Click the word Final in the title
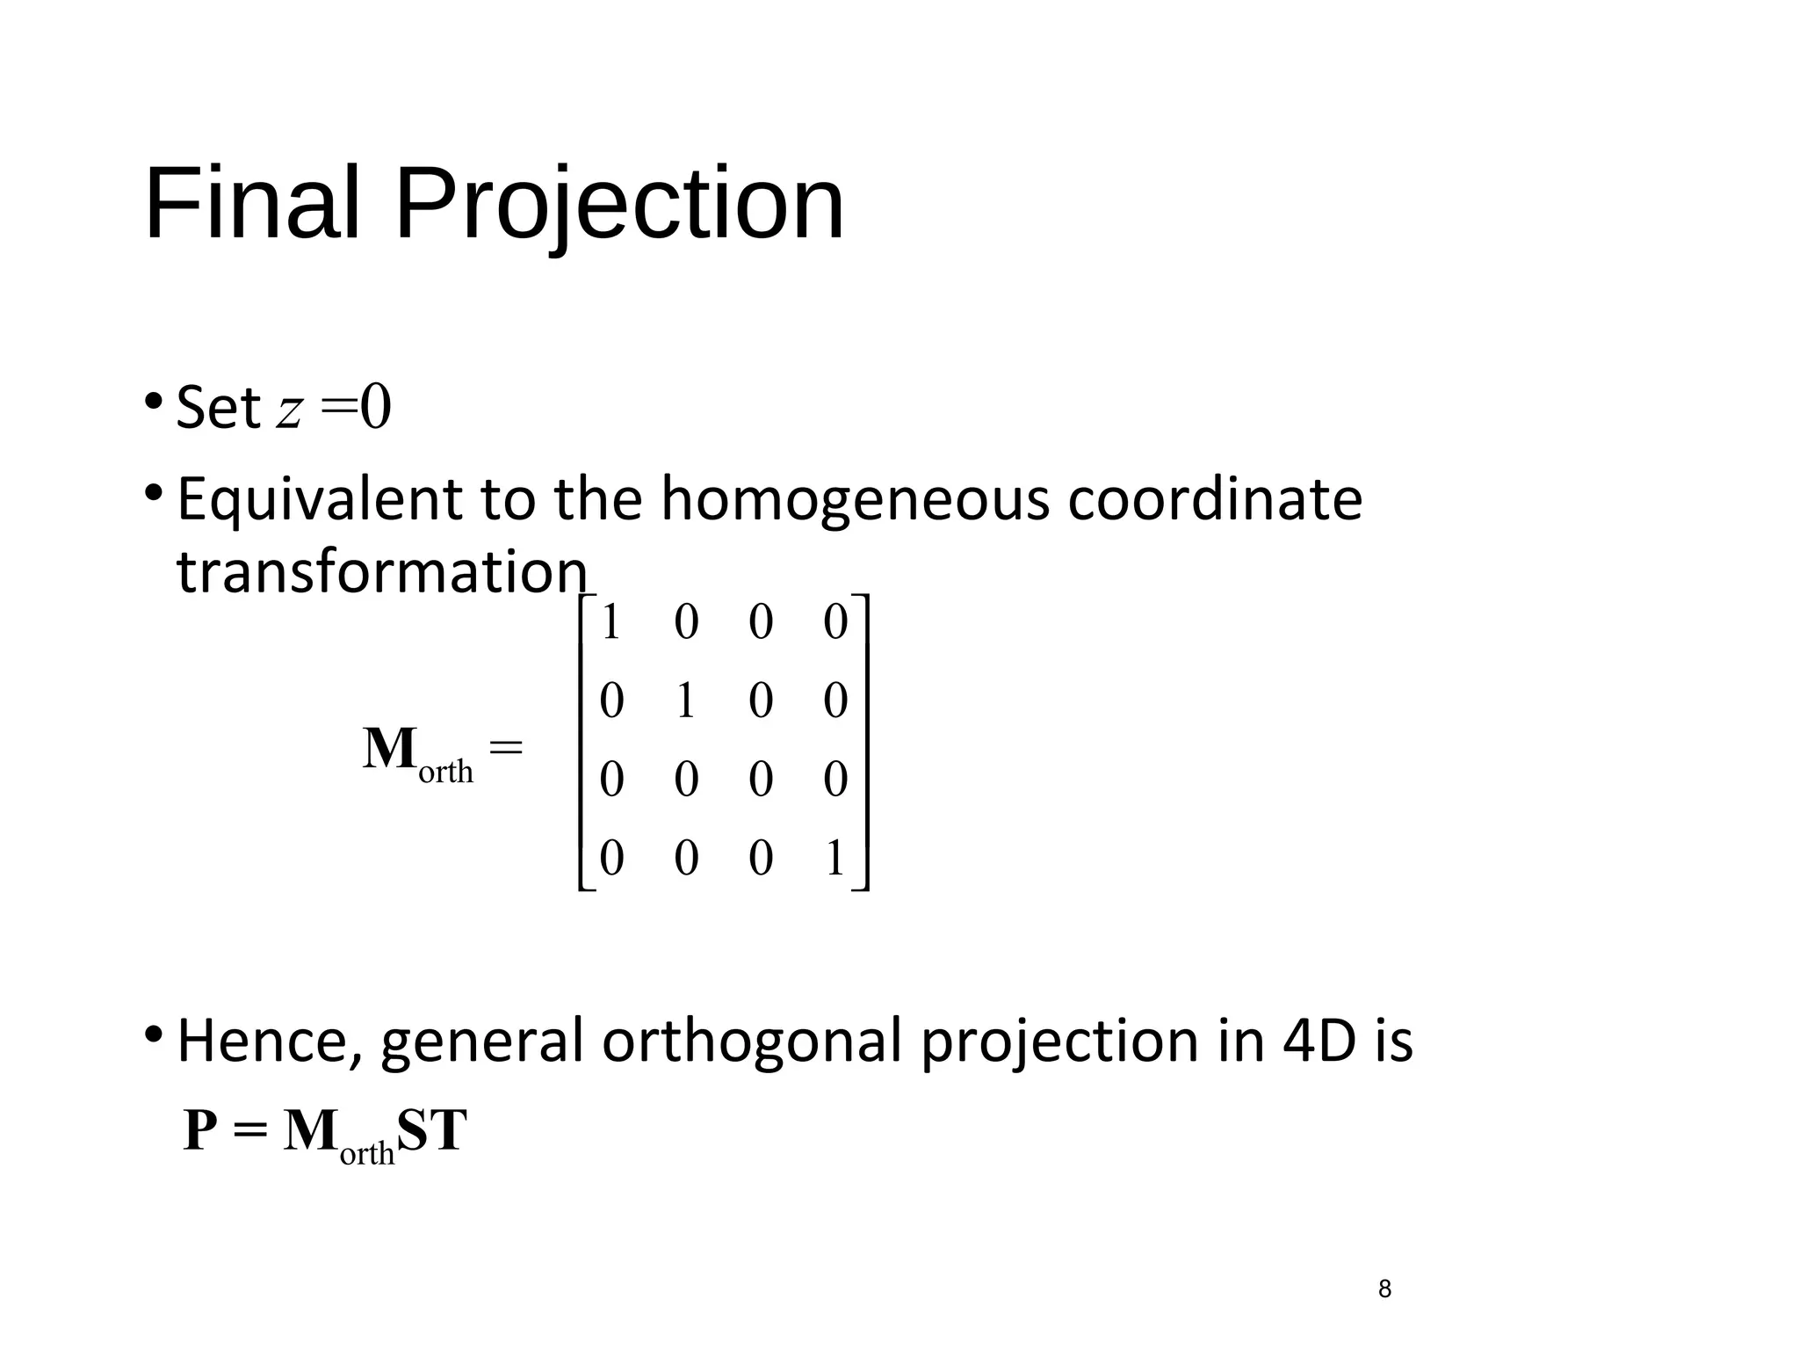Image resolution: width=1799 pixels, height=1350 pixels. pos(252,204)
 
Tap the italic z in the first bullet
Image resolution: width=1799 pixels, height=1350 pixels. pos(290,410)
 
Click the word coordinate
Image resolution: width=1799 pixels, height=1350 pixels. pos(1215,499)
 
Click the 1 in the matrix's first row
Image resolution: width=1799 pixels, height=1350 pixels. pos(611,622)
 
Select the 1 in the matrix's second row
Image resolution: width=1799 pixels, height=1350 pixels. pos(686,700)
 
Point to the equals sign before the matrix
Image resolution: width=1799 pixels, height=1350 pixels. pos(505,748)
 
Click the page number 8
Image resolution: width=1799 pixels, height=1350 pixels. pos(1384,1289)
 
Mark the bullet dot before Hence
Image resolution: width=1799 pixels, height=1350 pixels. pos(154,1033)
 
